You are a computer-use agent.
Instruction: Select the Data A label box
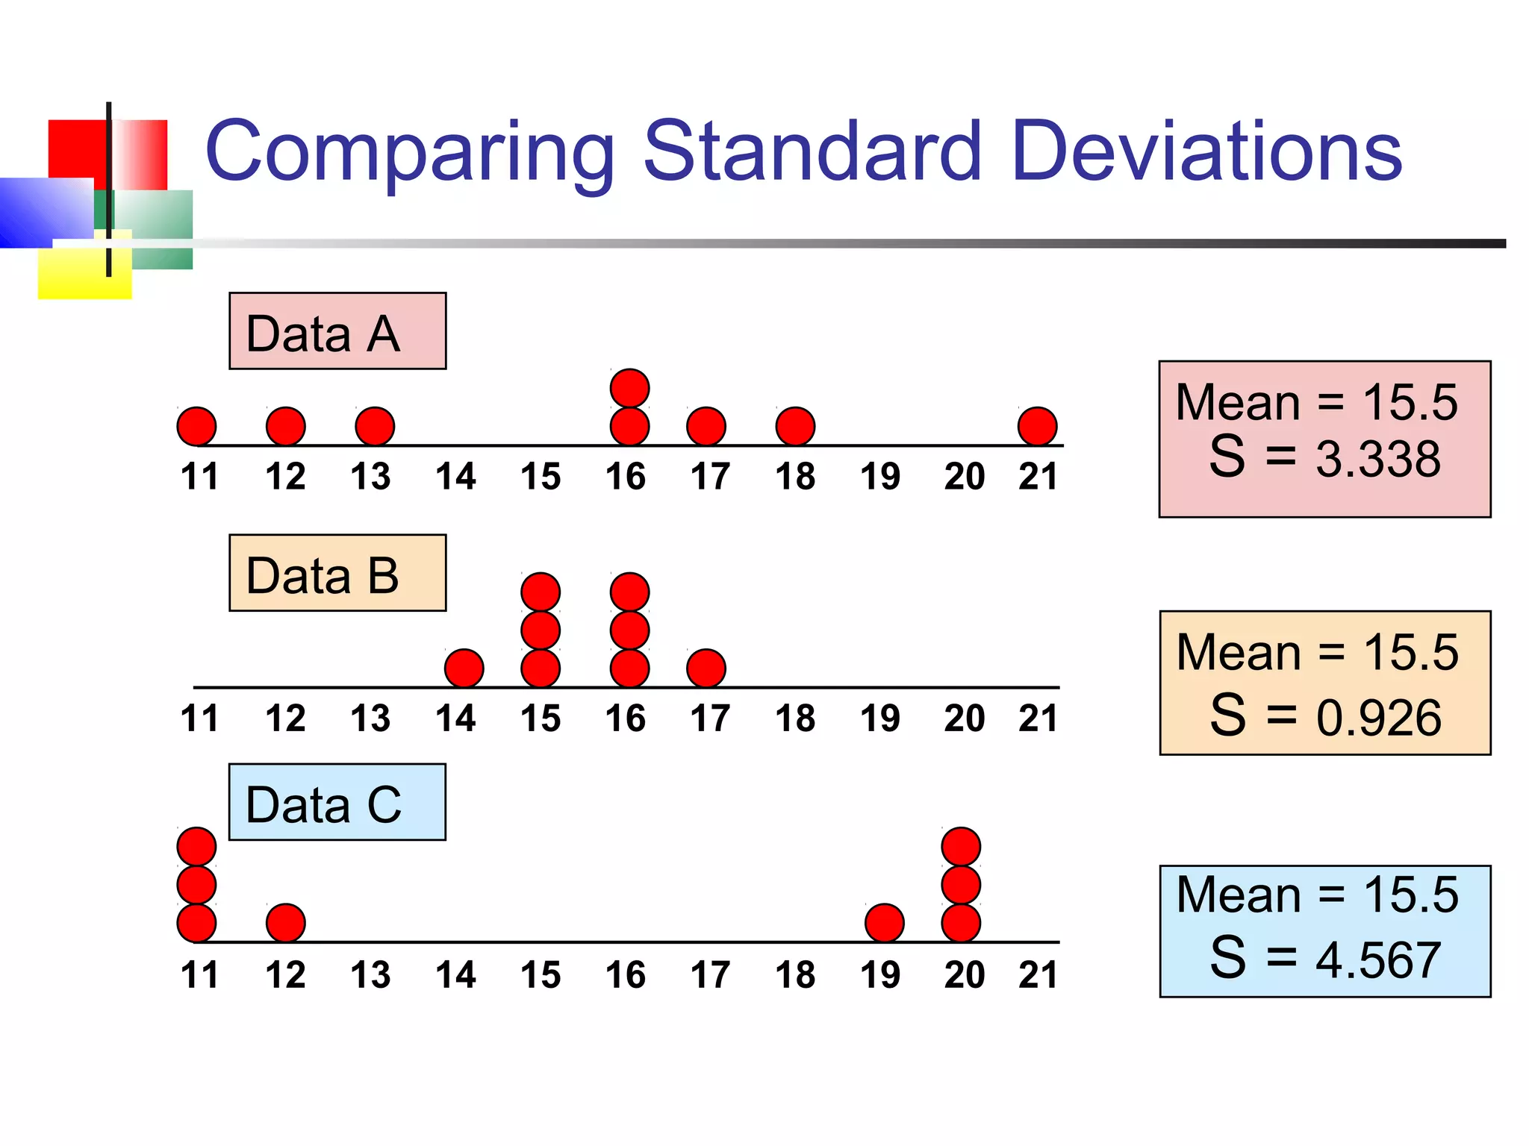(x=337, y=331)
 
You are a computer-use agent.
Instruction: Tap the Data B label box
(x=337, y=573)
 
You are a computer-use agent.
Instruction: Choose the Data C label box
(x=337, y=802)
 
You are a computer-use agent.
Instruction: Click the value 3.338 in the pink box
(x=1377, y=458)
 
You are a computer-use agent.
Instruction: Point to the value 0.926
(x=1378, y=718)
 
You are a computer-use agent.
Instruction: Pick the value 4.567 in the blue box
(x=1377, y=959)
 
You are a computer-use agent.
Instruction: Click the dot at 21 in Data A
(x=1037, y=427)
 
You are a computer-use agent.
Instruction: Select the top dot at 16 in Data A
(x=629, y=388)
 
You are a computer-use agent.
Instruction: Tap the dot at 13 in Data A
(x=375, y=427)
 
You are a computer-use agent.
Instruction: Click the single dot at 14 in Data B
(x=464, y=668)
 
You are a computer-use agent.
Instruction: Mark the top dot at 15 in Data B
(x=541, y=592)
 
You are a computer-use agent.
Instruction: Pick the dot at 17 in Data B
(x=706, y=668)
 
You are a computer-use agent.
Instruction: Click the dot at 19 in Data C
(x=885, y=923)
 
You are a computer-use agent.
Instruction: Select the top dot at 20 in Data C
(x=961, y=847)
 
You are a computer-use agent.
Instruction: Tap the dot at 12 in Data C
(x=286, y=923)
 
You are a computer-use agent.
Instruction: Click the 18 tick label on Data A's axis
(x=795, y=477)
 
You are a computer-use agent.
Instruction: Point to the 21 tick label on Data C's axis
(x=1038, y=975)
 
